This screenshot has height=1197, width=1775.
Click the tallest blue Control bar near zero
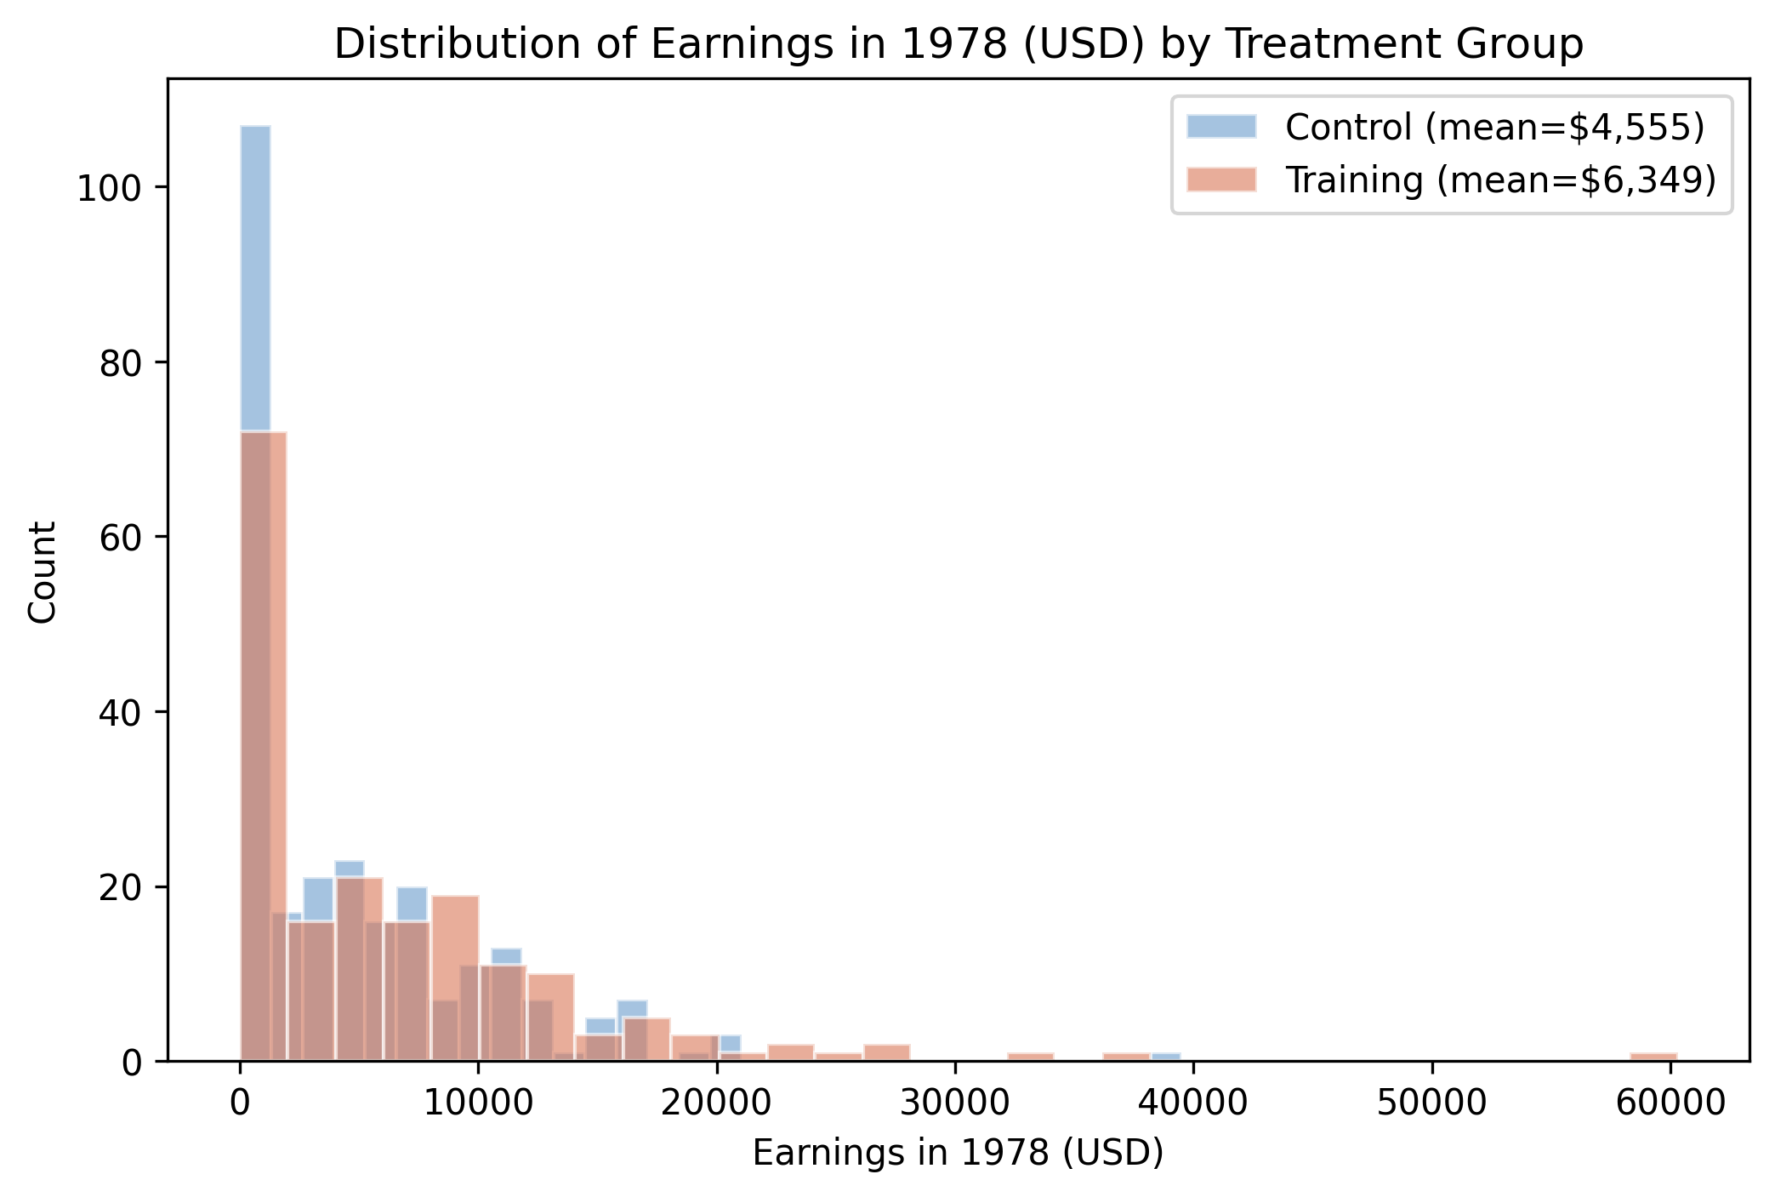[255, 281]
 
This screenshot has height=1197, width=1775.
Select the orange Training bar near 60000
[1653, 1057]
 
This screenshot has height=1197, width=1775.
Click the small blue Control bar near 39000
[1166, 1057]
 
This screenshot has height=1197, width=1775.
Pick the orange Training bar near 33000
[1030, 1057]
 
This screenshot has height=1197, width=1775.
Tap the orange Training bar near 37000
[1126, 1057]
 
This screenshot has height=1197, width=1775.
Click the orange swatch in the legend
[1220, 180]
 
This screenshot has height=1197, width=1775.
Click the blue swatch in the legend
[1220, 126]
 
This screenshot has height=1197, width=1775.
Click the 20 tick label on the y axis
[119, 887]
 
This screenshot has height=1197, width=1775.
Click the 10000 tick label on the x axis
[478, 1103]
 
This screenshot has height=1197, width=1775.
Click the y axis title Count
[43, 572]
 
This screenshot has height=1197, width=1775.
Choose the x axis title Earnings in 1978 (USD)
[958, 1154]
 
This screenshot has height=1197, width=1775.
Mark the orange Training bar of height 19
[455, 978]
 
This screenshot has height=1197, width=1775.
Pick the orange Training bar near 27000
[887, 1053]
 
